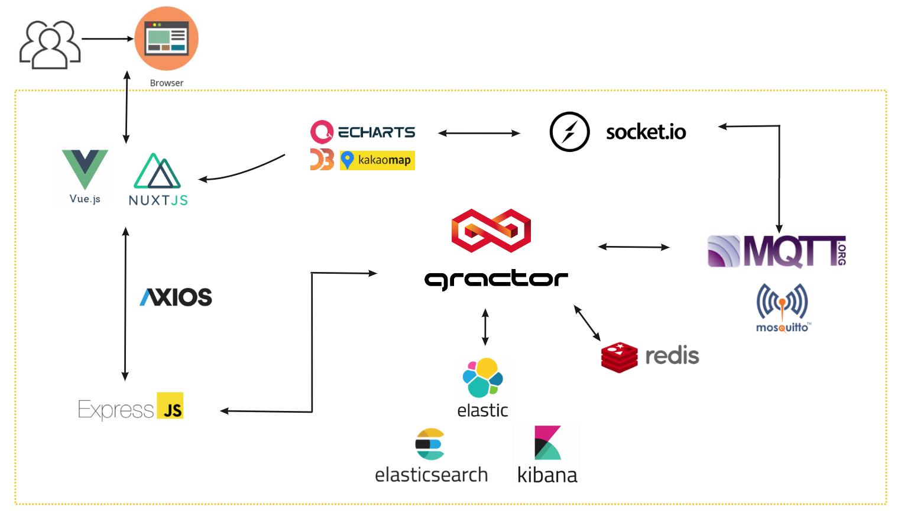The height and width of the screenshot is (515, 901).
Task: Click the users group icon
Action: point(50,44)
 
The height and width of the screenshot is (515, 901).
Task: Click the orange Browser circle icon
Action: point(166,39)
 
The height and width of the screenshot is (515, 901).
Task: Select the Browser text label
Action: point(166,83)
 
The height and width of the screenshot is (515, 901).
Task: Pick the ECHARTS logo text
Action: point(376,132)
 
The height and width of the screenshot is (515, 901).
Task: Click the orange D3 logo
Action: point(322,160)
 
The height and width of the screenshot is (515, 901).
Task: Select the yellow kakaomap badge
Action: point(377,160)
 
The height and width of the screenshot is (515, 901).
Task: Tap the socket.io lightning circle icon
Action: point(569,132)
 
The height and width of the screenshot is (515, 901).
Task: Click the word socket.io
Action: point(646,132)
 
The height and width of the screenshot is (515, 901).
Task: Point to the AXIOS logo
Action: point(176,297)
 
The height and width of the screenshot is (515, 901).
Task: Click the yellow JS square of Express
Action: point(170,406)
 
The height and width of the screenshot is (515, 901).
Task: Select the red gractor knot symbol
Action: point(491,231)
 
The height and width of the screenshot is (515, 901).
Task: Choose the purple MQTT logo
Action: point(776,251)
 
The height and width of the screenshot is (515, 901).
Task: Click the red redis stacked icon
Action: point(619,357)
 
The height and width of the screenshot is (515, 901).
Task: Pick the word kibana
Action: point(547,475)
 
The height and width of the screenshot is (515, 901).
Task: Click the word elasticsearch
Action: point(431,475)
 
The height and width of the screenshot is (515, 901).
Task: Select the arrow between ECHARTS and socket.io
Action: point(479,134)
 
